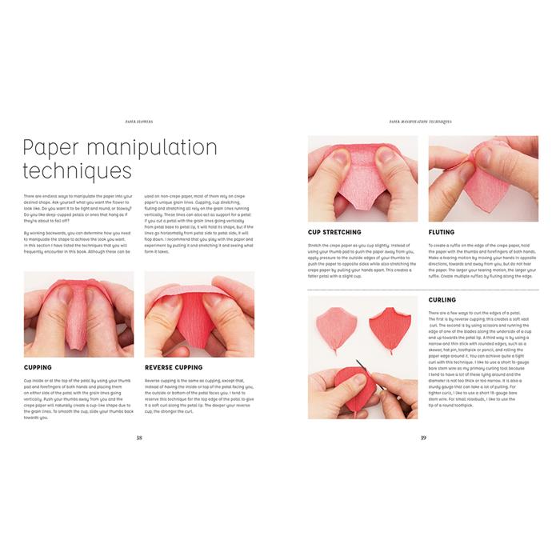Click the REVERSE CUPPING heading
coord(174,368)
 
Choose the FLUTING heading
coord(442,233)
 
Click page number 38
coord(139,437)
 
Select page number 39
coord(422,437)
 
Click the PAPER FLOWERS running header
coord(139,122)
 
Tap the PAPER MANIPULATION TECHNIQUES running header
coord(421,122)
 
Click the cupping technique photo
coord(78,314)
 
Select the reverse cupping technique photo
coord(200,314)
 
